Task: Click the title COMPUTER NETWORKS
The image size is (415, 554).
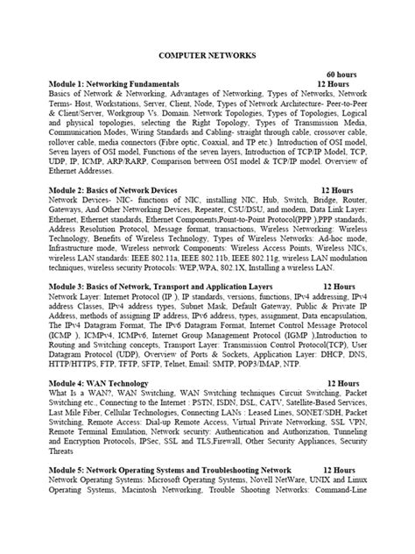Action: click(x=207, y=54)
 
